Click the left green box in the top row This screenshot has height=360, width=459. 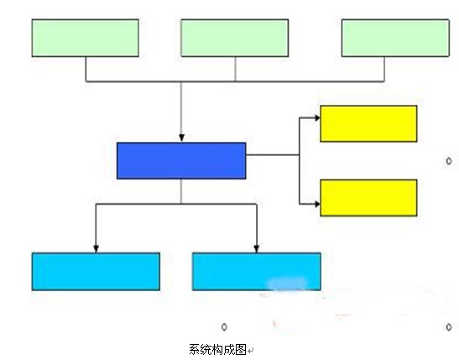coord(86,38)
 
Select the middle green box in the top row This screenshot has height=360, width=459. coord(234,38)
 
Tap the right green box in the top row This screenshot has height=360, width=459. coord(395,38)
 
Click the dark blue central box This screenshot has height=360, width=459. coord(181,160)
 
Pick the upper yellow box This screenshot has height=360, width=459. coord(368,124)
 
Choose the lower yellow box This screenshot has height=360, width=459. coord(368,198)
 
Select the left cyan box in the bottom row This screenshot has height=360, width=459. coord(96,272)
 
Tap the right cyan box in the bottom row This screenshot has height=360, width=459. coord(257,272)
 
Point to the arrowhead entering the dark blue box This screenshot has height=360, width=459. coord(181,138)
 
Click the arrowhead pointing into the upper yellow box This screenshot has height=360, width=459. coord(317,118)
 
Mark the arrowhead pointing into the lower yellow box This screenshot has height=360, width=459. coord(317,204)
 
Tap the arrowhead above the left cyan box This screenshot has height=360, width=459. coord(96,248)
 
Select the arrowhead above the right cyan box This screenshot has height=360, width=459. coord(257,248)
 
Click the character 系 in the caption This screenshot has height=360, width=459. coord(195,350)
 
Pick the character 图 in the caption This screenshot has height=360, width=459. coord(241,350)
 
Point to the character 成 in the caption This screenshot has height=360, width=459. coord(229,350)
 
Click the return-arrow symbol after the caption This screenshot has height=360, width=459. coord(251,350)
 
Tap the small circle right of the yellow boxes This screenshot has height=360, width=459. coord(449,161)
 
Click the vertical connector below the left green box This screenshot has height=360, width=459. coord(86,69)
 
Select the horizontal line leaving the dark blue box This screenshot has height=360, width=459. coord(273,154)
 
